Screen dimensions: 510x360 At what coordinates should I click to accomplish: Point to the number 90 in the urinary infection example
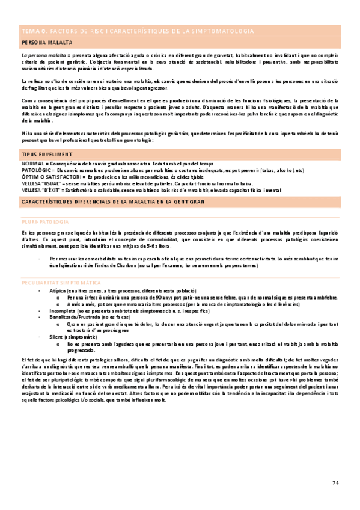(136, 280)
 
